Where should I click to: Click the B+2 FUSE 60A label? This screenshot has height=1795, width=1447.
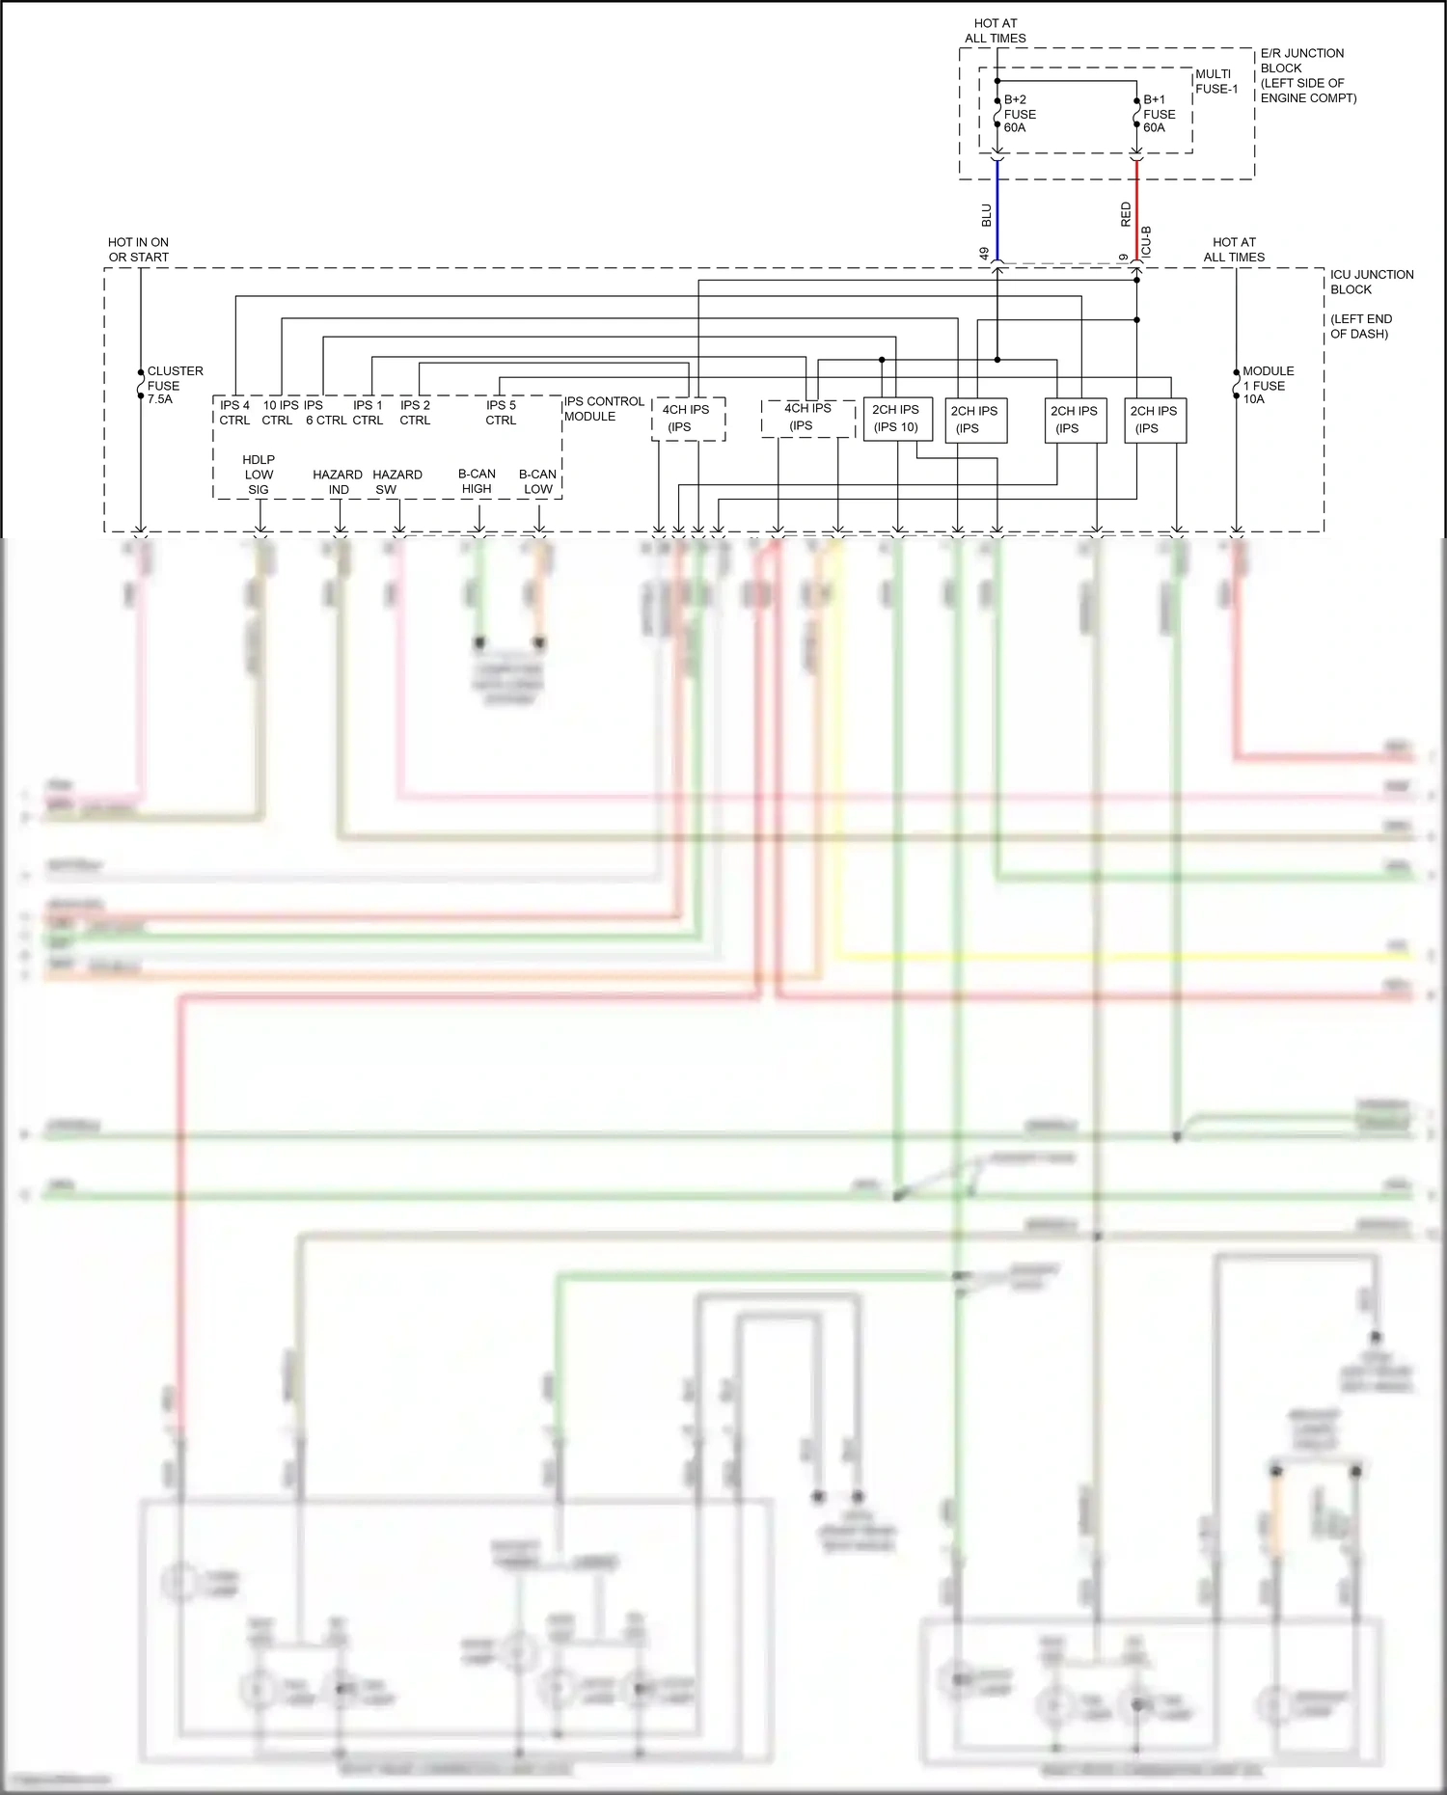(x=1019, y=114)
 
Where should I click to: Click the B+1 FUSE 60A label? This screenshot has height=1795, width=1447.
(x=1159, y=114)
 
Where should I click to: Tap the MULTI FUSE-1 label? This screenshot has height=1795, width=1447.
(x=1215, y=81)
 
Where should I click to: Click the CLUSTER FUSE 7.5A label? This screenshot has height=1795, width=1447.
(x=174, y=385)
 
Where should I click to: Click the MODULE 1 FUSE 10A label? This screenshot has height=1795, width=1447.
(x=1268, y=385)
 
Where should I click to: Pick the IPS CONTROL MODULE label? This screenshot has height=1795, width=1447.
(x=603, y=409)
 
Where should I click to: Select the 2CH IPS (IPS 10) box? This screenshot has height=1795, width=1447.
(x=896, y=419)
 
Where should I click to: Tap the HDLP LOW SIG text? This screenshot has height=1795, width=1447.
(x=259, y=475)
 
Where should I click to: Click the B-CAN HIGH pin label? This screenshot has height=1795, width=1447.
(x=477, y=481)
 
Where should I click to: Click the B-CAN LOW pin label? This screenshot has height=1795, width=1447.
(x=537, y=481)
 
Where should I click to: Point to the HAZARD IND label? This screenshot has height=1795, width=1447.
(x=338, y=482)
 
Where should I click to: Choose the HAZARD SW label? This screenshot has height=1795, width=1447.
(x=396, y=482)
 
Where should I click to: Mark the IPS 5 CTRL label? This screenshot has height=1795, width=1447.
(x=501, y=413)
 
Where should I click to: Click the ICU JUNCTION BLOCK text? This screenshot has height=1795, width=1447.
(x=1371, y=282)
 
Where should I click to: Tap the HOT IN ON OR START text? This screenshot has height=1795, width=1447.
(x=138, y=250)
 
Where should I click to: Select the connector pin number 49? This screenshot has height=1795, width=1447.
(x=984, y=253)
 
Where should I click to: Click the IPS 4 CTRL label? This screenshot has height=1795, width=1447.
(x=234, y=413)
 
